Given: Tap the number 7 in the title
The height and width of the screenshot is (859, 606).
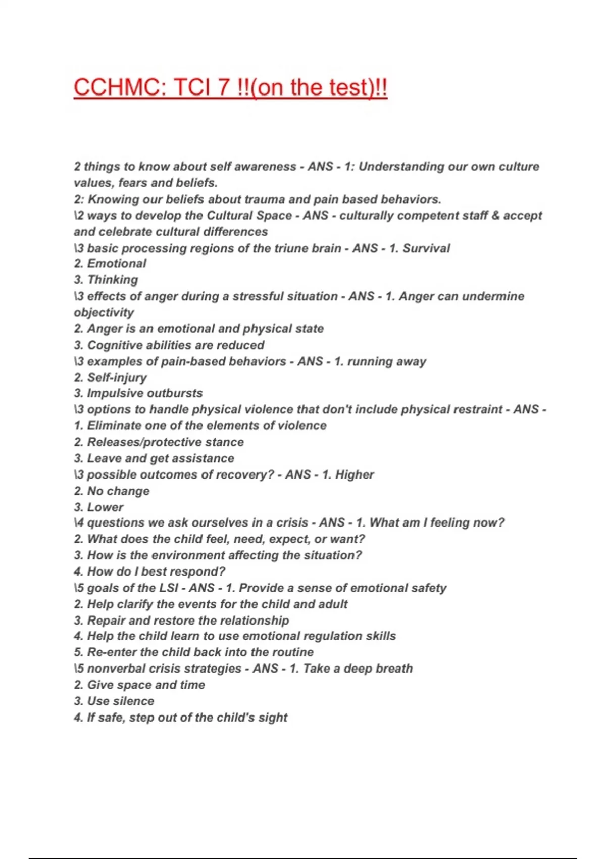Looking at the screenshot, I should tap(224, 87).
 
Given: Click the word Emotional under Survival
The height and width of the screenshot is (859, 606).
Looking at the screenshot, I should tap(117, 264).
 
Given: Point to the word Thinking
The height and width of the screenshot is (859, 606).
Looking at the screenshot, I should tap(113, 280).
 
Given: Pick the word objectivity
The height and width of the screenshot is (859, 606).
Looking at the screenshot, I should tap(104, 312).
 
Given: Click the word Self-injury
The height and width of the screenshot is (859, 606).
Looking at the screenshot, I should tap(117, 377).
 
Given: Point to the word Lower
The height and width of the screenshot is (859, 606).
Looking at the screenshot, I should tap(105, 507).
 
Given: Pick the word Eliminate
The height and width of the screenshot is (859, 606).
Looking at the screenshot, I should tap(114, 426).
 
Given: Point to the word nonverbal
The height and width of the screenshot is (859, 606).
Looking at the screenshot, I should tap(113, 669).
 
